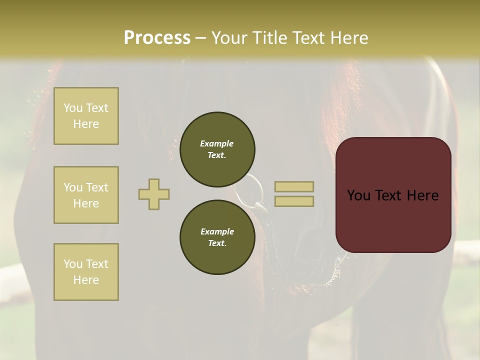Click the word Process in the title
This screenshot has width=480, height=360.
pyautogui.click(x=157, y=38)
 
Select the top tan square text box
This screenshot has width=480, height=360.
pyautogui.click(x=86, y=116)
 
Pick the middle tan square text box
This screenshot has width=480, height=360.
pyautogui.click(x=86, y=195)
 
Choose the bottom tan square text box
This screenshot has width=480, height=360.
pyautogui.click(x=86, y=272)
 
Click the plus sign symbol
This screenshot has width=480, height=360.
pyautogui.click(x=154, y=194)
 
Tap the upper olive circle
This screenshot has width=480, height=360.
pyautogui.click(x=217, y=149)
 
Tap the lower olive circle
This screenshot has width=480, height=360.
pyautogui.click(x=217, y=237)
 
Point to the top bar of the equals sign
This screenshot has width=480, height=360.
pyautogui.click(x=294, y=186)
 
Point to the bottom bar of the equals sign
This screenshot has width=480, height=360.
pyautogui.click(x=294, y=201)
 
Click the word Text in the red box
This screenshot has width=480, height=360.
pyautogui.click(x=395, y=195)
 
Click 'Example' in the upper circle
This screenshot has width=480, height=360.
pyautogui.click(x=217, y=143)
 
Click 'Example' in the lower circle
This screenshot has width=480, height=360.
pyautogui.click(x=217, y=231)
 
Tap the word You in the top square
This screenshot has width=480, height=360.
pyautogui.click(x=72, y=108)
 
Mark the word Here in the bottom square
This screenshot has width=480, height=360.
pyautogui.click(x=86, y=280)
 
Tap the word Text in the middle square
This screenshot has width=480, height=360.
pyautogui.click(x=96, y=187)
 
